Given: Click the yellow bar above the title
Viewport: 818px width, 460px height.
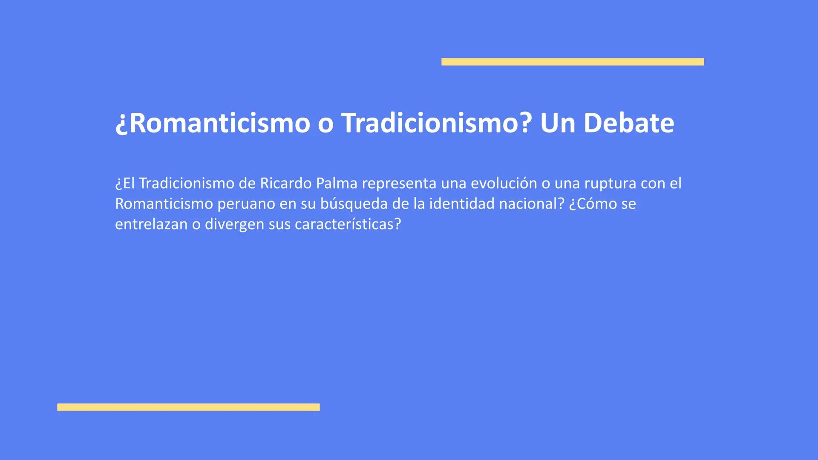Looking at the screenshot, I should coord(573,62).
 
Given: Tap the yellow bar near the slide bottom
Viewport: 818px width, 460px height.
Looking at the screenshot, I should coord(188,407).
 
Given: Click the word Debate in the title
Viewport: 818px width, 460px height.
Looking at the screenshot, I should coord(628,123).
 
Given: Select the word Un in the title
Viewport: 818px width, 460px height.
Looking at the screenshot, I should coord(556,123).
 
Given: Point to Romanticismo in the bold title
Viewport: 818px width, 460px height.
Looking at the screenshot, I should coord(213,123).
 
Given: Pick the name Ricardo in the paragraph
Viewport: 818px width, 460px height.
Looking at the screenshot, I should coord(285,183).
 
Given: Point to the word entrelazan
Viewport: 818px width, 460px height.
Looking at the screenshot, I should coord(151,224).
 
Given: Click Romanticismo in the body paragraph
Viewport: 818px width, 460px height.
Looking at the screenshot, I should coord(164,204).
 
